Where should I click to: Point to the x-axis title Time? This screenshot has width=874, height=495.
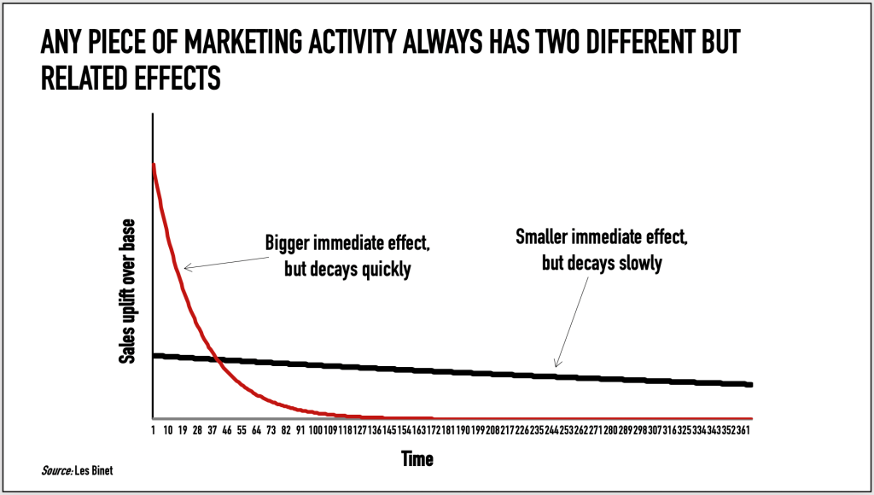[417, 459]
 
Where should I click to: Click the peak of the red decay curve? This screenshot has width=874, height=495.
[154, 164]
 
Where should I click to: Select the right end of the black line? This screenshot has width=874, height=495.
[751, 384]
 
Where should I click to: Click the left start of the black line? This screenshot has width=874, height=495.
[154, 355]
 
